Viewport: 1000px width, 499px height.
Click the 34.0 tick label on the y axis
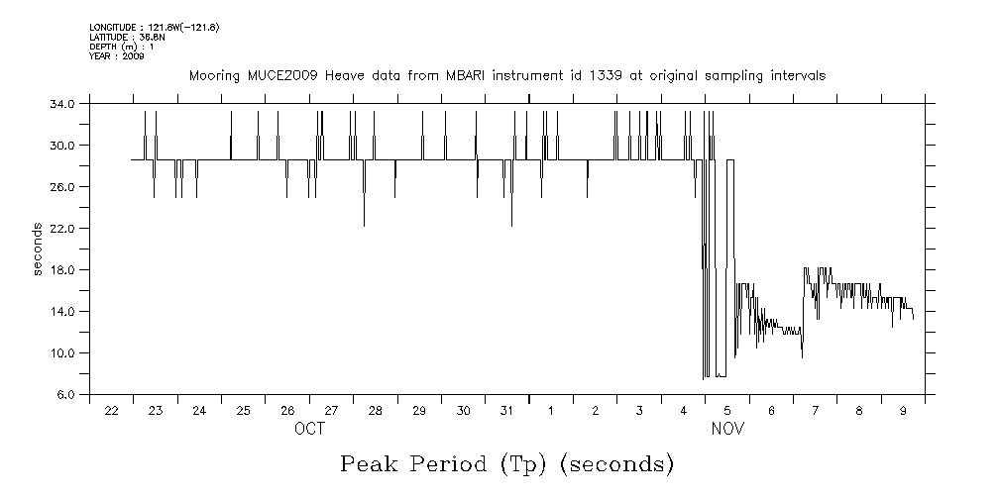pyautogui.click(x=62, y=103)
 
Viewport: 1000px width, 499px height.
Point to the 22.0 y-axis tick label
pyautogui.click(x=62, y=228)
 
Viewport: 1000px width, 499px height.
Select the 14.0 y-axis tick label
pyautogui.click(x=62, y=311)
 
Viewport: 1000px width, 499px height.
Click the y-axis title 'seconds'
pyautogui.click(x=38, y=249)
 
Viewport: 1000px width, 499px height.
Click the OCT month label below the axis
pyautogui.click(x=309, y=430)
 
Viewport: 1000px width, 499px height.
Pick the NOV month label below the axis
pyautogui.click(x=727, y=430)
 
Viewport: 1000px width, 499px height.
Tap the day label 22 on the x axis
pyautogui.click(x=111, y=411)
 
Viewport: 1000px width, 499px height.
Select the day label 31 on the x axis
pyautogui.click(x=506, y=411)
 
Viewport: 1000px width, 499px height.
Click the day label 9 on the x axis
pyautogui.click(x=902, y=411)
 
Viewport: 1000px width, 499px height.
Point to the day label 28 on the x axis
pyautogui.click(x=375, y=411)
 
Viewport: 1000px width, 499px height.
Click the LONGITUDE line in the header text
pyautogui.click(x=154, y=27)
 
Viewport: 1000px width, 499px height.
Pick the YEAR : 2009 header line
pyautogui.click(x=117, y=56)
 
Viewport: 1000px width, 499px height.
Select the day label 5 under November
pyautogui.click(x=726, y=411)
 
